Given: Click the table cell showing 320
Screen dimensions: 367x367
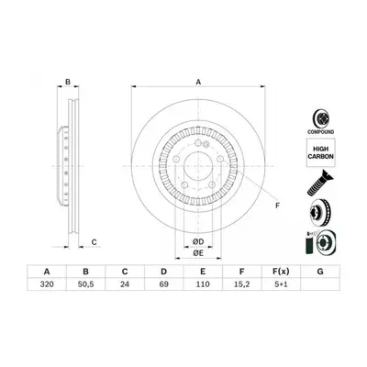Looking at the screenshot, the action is tap(47, 284).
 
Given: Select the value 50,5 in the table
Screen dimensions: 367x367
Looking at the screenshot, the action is tap(86, 284).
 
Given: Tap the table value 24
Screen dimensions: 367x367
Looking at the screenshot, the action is tap(125, 284).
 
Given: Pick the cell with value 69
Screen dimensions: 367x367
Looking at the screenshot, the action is tap(164, 284).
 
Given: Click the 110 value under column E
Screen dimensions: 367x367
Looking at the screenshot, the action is tap(203, 284).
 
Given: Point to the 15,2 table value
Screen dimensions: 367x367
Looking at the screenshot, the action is tap(242, 284).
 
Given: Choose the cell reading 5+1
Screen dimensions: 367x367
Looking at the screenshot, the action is tap(281, 284).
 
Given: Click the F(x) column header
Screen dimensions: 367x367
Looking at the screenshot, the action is tap(281, 272).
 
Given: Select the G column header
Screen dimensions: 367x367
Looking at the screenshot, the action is tap(320, 272).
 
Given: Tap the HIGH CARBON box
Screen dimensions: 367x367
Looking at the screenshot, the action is tap(320, 152).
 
